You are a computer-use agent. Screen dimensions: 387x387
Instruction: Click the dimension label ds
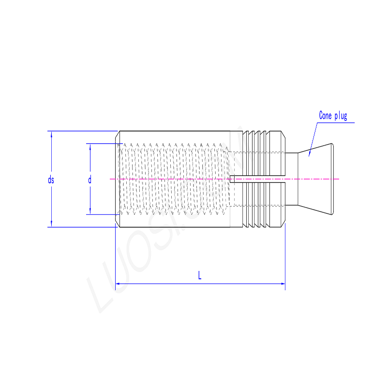(x=51, y=180)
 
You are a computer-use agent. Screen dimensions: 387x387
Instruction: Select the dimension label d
(x=89, y=180)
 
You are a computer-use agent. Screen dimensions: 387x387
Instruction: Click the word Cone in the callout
(x=326, y=116)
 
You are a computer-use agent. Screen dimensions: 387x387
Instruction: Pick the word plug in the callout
(x=341, y=116)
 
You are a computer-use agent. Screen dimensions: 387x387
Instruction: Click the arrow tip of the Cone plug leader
(x=309, y=155)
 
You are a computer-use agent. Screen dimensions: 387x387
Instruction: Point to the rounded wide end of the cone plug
(x=332, y=179)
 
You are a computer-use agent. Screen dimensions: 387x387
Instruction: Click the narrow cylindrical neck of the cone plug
(x=291, y=179)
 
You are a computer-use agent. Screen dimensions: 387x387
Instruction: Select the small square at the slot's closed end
(x=232, y=179)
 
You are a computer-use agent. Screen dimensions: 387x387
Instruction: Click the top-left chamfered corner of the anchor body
(x=118, y=133)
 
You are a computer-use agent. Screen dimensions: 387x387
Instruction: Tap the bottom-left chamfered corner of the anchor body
(x=118, y=225)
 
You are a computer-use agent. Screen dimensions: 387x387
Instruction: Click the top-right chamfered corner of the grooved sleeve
(x=283, y=134)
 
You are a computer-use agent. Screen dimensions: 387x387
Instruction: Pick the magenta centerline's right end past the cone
(x=339, y=179)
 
